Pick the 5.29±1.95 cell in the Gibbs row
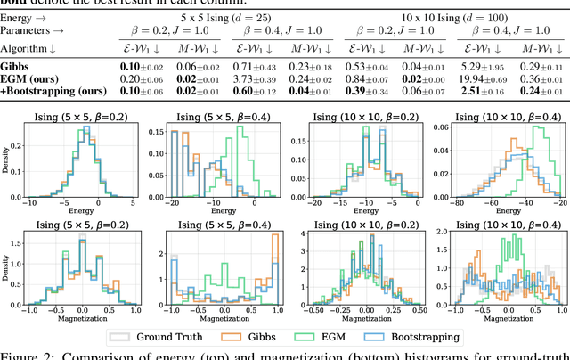coord(478,66)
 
